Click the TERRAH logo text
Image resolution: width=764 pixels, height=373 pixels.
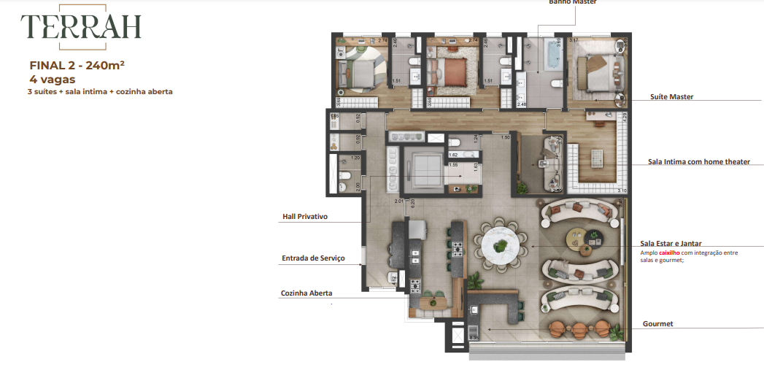click(80, 27)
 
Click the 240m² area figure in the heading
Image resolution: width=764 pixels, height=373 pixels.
click(105, 65)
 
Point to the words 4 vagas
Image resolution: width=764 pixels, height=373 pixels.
click(53, 79)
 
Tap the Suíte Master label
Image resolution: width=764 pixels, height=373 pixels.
click(671, 96)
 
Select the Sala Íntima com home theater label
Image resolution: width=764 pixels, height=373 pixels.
click(699, 161)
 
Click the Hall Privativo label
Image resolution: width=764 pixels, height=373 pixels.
click(305, 217)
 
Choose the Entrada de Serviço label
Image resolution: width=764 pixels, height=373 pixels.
click(313, 258)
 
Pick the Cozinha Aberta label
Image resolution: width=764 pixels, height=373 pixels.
click(306, 293)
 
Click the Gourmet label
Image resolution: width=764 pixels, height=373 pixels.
click(657, 323)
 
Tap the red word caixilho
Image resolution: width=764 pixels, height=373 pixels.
click(670, 253)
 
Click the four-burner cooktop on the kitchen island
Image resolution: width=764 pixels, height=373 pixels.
click(458, 250)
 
